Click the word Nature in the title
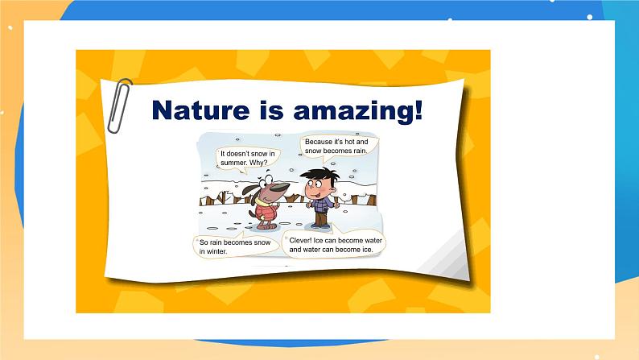tap(200, 110)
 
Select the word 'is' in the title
tap(271, 110)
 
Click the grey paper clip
tap(119, 106)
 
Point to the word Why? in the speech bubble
tap(258, 163)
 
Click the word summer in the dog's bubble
tap(233, 163)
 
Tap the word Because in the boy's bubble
tap(319, 142)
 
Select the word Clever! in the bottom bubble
tap(300, 241)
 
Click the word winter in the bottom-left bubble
tap(216, 251)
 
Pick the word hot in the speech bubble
tap(349, 142)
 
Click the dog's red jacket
tap(265, 212)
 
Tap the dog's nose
tap(280, 187)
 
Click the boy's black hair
tap(319, 175)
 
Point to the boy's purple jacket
tap(323, 204)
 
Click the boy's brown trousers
tap(321, 219)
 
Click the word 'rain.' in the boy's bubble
tap(359, 151)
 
